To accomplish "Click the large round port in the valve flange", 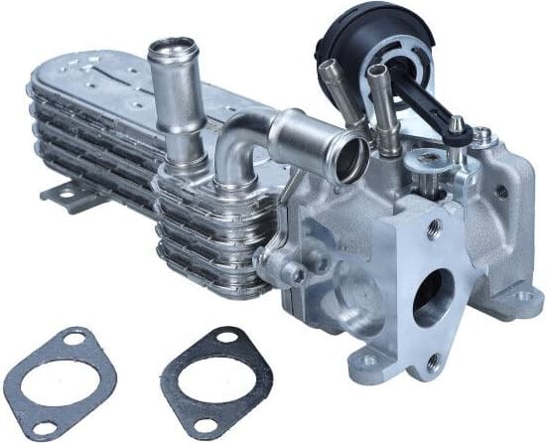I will pos(434,295).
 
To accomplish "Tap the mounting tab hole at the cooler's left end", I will pos(67,195).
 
